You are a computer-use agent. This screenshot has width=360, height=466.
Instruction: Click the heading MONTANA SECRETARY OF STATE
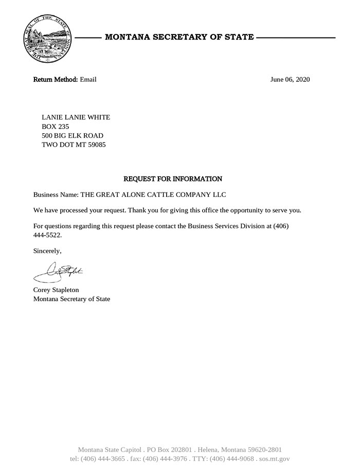click(179, 37)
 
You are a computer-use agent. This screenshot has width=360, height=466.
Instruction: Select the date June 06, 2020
click(290, 79)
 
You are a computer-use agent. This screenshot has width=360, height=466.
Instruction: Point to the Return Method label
click(56, 79)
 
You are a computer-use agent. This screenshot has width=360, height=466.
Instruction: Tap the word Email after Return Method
click(88, 79)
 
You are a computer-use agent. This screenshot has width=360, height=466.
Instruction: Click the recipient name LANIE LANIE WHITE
click(76, 117)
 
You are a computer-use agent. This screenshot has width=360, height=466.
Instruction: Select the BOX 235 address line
click(55, 127)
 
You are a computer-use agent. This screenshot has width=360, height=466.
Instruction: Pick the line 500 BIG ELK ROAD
click(72, 136)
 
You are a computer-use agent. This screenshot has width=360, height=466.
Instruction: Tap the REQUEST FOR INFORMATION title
click(173, 179)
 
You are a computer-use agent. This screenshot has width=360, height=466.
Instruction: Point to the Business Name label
click(56, 195)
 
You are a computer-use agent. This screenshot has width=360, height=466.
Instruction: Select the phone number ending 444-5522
click(50, 235)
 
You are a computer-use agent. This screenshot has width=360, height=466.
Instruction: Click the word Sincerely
click(47, 252)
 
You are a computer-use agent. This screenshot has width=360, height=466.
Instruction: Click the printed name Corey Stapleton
click(56, 290)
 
